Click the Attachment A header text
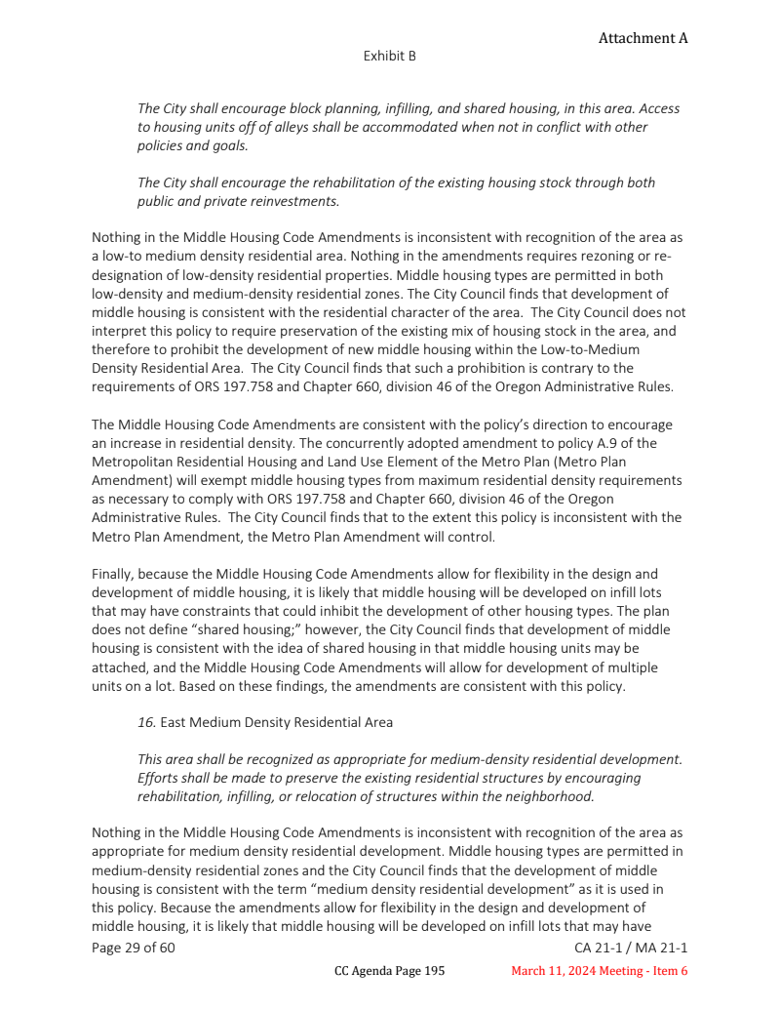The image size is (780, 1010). click(x=643, y=38)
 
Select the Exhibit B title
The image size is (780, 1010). click(x=390, y=56)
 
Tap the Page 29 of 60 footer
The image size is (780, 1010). click(x=134, y=948)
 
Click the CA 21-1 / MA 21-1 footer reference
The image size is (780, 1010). click(x=632, y=948)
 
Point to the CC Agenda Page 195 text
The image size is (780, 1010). click(x=389, y=971)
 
